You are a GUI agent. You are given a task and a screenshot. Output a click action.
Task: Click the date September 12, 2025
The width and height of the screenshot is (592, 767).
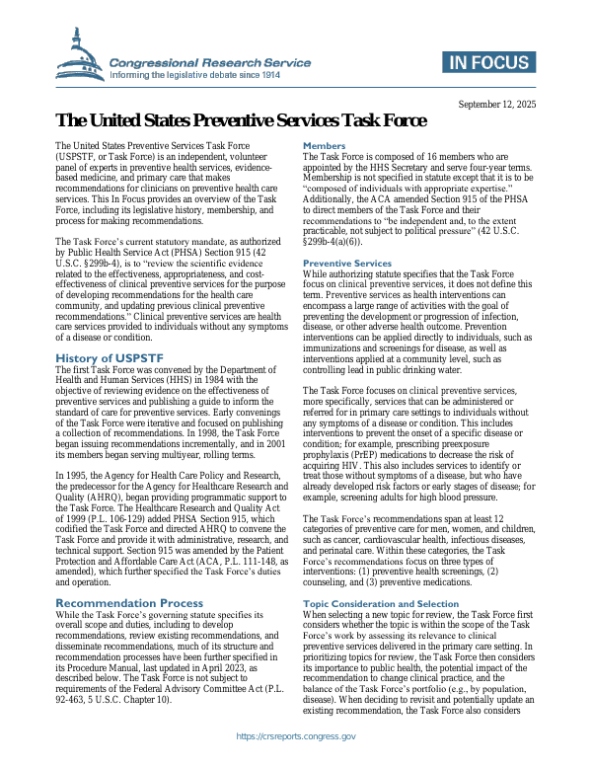pos(497,104)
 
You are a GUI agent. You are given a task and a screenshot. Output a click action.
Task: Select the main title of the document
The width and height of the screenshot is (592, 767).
pos(242,121)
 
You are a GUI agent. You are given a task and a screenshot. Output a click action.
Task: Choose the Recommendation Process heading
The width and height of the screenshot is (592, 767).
pos(129,602)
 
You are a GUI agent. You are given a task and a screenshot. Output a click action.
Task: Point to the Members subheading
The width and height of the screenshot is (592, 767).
pos(324,146)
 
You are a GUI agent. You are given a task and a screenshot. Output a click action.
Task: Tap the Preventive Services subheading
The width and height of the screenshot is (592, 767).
pos(347,264)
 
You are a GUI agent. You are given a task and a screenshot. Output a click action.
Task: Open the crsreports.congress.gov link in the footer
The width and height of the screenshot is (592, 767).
pos(296,736)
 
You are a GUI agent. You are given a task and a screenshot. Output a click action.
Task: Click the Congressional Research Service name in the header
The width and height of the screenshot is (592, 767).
pos(209,62)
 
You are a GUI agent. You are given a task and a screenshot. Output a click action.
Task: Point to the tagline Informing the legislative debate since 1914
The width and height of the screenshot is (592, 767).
pos(209,76)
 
